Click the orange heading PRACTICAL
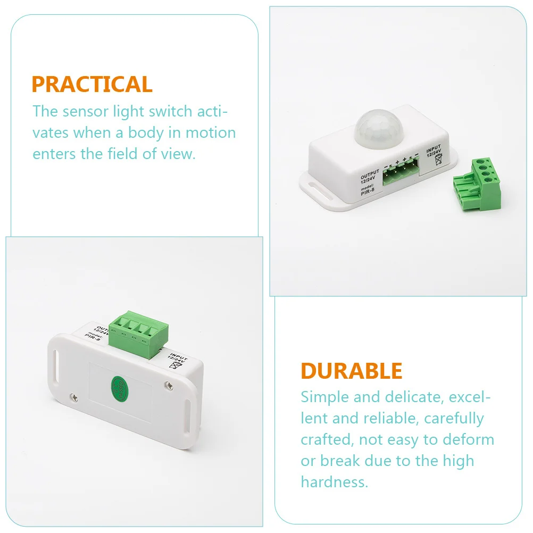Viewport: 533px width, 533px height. click(x=92, y=85)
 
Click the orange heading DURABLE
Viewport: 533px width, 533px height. click(x=352, y=371)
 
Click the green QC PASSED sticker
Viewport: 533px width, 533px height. click(x=118, y=387)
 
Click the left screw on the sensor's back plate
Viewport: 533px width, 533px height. click(x=74, y=395)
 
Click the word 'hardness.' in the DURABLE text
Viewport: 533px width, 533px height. click(x=334, y=482)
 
